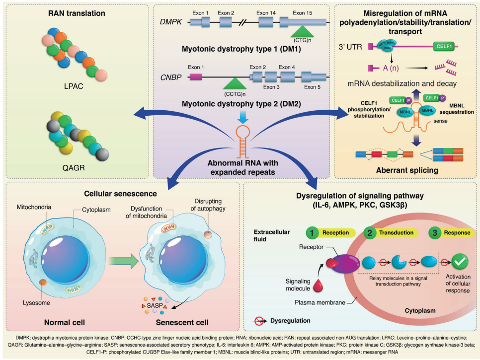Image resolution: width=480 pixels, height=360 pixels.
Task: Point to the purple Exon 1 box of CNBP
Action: coord(195,76)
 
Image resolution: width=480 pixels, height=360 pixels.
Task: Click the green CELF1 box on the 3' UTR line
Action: coord(446,47)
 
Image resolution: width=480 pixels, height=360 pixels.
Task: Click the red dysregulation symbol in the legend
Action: coord(259,320)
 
